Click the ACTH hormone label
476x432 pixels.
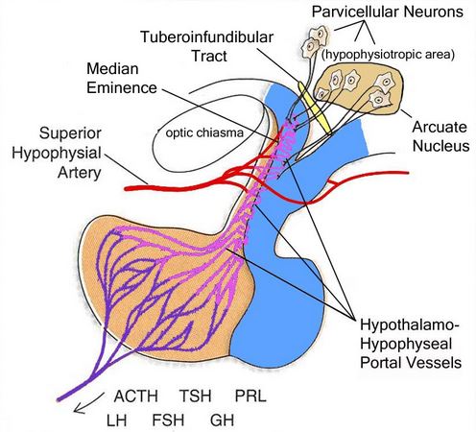coord(136,396)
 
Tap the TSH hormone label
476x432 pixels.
coord(195,396)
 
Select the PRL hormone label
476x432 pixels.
coord(250,396)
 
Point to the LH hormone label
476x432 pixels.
coord(117,420)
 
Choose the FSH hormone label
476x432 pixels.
coord(168,420)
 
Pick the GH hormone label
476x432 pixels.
coord(223,420)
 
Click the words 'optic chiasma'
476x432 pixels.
coord(204,132)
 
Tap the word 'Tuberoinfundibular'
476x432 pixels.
coord(207,36)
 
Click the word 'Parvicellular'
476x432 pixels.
coord(355,12)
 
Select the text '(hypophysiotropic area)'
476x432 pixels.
coord(388,55)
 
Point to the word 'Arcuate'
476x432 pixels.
coord(440,127)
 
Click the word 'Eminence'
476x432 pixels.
coord(122,87)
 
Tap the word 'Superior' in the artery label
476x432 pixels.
coord(70,133)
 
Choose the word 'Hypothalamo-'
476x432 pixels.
coord(410,325)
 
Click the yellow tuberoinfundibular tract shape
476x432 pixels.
coord(315,108)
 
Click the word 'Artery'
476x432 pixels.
coord(80,173)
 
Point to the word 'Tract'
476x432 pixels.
coord(209,56)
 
